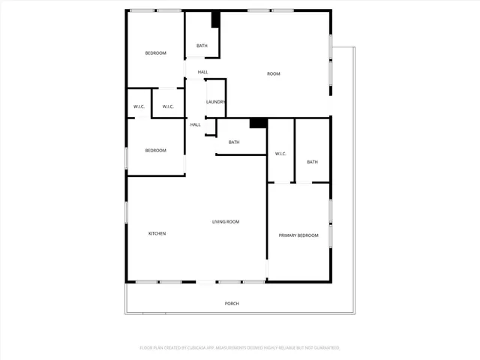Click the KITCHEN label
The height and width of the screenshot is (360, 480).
157,234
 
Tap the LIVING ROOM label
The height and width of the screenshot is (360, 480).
226,221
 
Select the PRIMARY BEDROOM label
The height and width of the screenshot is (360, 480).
298,235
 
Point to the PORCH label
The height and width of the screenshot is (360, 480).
232,303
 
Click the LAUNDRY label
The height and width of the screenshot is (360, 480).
216,102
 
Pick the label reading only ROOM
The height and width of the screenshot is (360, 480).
274,73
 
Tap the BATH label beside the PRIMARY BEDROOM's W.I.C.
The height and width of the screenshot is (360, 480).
312,162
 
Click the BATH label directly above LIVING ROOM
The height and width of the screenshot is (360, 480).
234,142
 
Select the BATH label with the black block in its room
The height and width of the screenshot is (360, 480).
202,46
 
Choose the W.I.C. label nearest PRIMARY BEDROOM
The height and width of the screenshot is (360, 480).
280,154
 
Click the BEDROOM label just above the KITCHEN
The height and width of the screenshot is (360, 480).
155,151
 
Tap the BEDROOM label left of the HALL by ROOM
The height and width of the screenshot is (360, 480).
155,52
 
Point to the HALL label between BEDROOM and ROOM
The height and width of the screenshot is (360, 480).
202,72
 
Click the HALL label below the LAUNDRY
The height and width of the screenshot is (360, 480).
195,124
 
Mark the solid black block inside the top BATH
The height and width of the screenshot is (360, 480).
216,20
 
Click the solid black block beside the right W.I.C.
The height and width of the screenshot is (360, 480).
258,122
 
